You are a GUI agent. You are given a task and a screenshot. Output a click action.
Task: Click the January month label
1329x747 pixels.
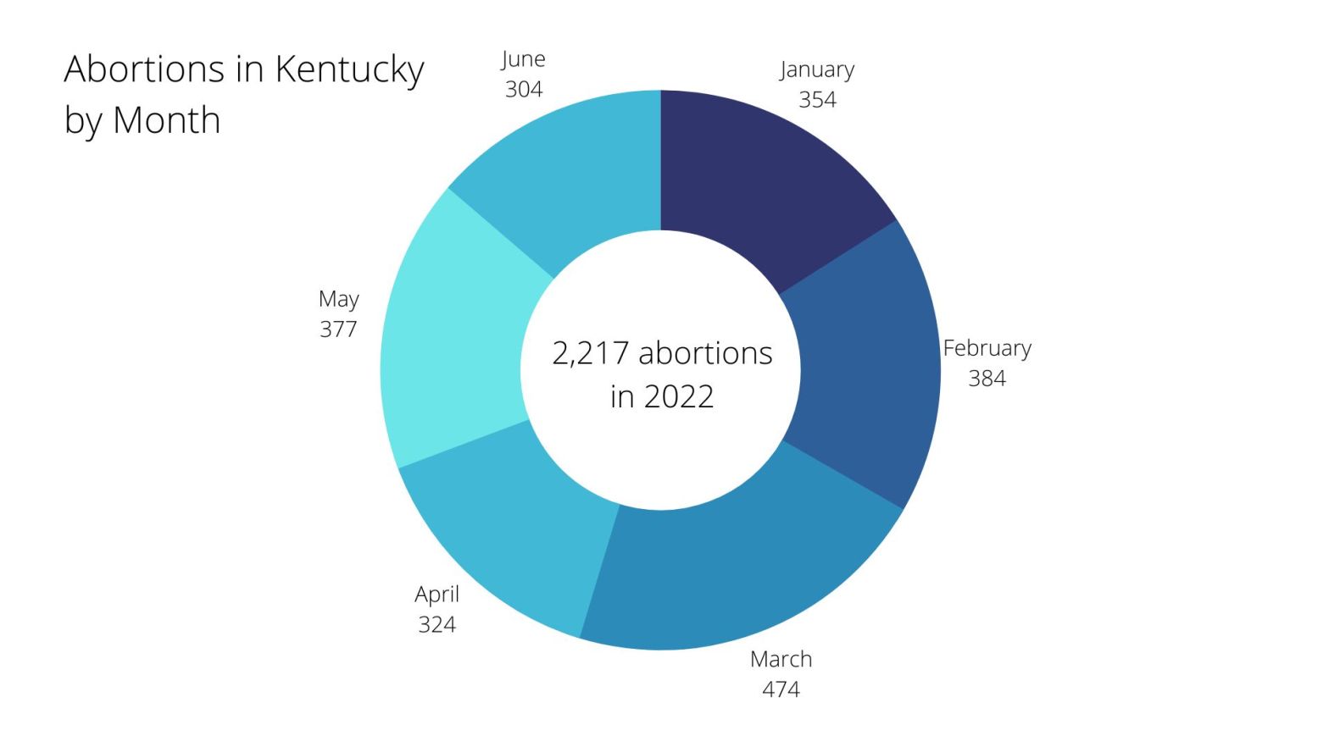[x=817, y=69]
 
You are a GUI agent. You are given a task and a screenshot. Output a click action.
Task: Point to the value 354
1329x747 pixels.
[x=817, y=100]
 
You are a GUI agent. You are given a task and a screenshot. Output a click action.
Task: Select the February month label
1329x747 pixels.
[x=987, y=348]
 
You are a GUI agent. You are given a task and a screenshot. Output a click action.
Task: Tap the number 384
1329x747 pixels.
[x=987, y=379]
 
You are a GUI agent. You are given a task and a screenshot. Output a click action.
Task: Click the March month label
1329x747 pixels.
[x=781, y=659]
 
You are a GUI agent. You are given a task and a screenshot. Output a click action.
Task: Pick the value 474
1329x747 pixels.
[x=781, y=689]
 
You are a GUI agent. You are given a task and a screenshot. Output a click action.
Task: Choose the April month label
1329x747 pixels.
[x=437, y=595]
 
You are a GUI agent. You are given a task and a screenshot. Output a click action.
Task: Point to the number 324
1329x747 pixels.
[x=437, y=625]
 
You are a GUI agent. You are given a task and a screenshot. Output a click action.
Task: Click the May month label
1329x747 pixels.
[x=339, y=299]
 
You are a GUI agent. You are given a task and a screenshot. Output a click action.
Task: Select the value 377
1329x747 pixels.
[x=338, y=329]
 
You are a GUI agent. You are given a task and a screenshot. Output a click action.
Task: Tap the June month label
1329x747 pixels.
[x=523, y=59]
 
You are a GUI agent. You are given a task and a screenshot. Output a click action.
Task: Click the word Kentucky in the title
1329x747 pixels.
[x=349, y=69]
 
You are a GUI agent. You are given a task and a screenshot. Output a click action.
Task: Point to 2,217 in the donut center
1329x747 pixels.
[x=590, y=353]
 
